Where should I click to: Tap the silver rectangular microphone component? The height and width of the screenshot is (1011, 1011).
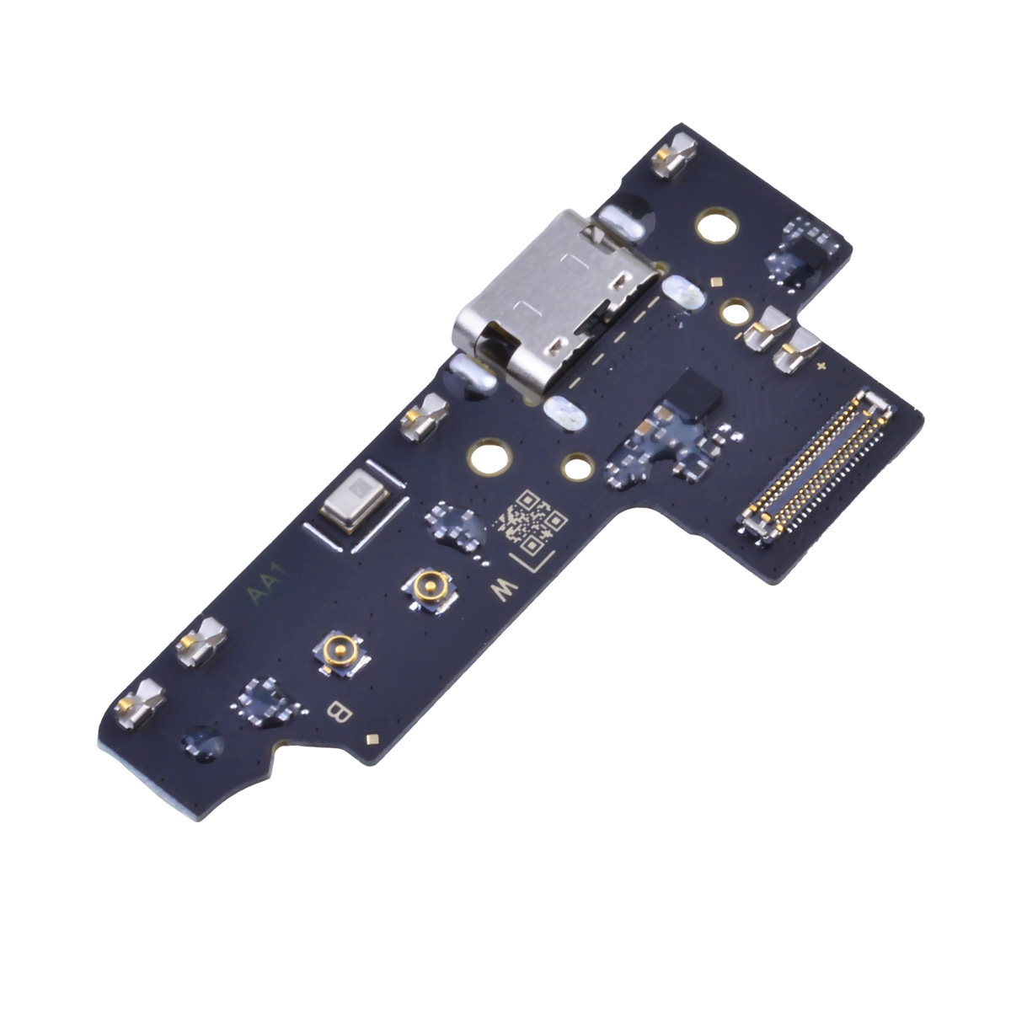(x=356, y=500)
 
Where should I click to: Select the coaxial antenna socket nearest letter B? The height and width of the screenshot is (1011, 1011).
(x=341, y=652)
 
